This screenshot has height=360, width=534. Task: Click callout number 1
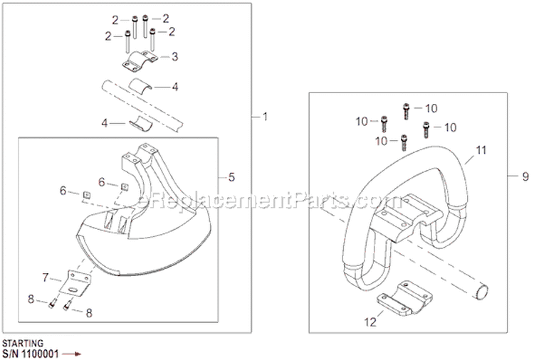pos(265,117)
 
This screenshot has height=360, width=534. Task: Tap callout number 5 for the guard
pos(231,176)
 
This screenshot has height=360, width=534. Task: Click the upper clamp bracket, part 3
pos(142,62)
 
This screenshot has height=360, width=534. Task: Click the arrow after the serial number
pos(73,351)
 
